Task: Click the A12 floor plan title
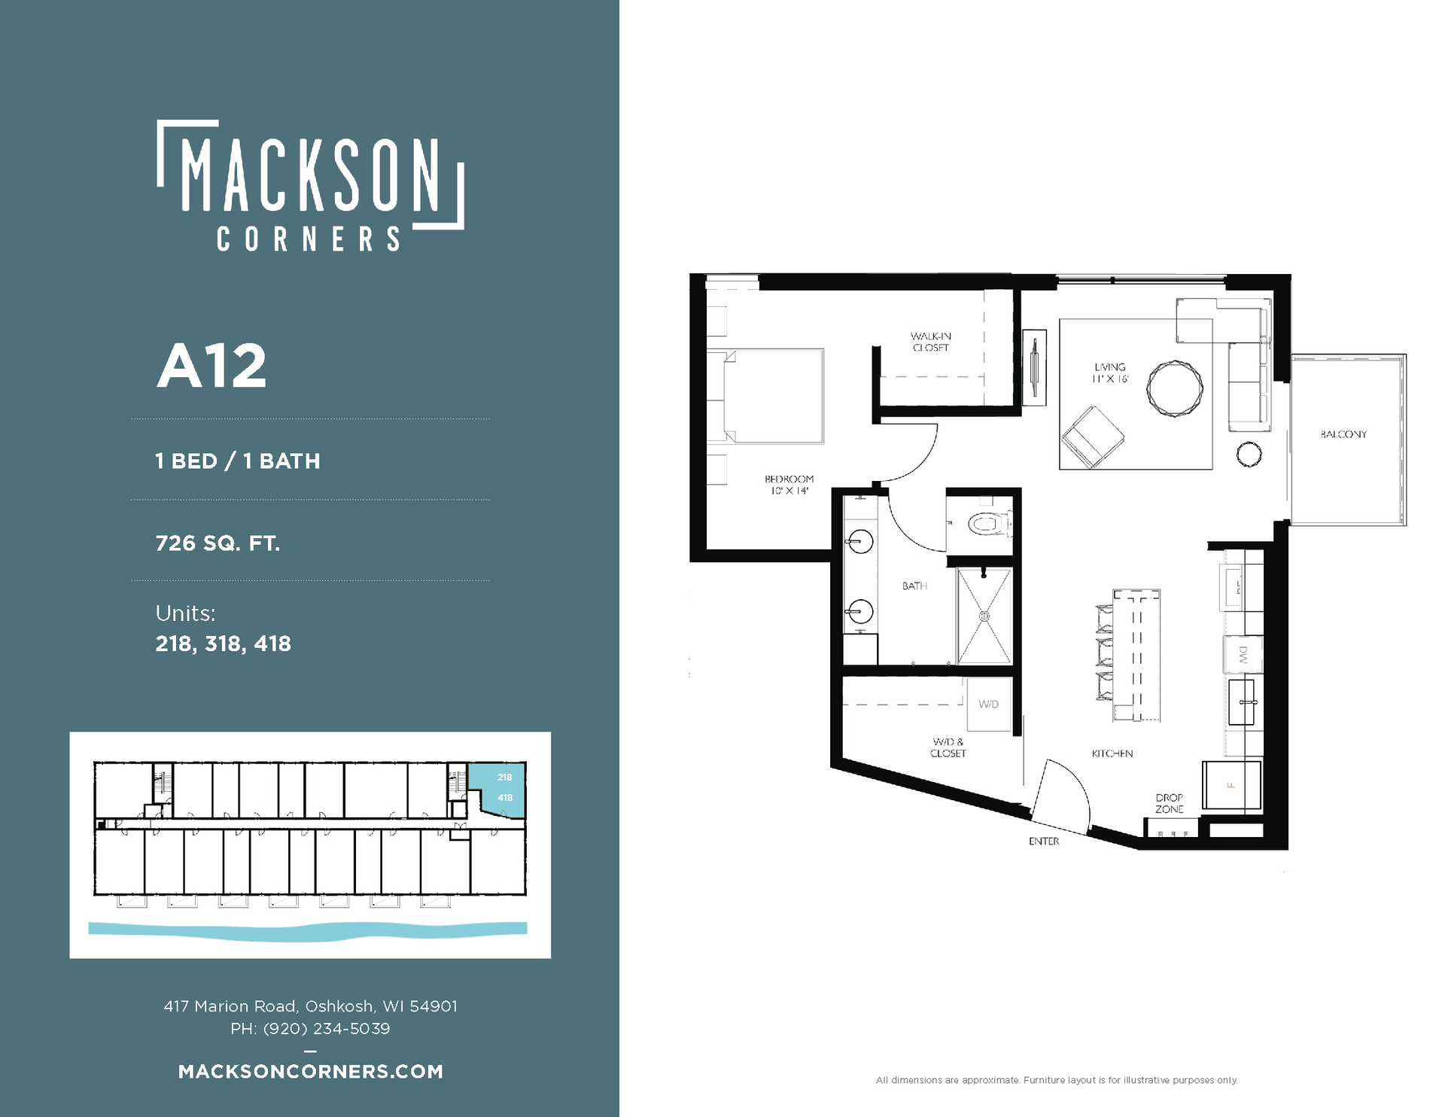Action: pyautogui.click(x=211, y=366)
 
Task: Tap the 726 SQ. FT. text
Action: pyautogui.click(x=218, y=543)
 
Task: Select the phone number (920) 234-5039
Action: pyautogui.click(x=327, y=1028)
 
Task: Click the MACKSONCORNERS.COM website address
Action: pyautogui.click(x=311, y=1071)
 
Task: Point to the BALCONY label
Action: pyautogui.click(x=1343, y=434)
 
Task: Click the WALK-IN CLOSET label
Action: pyautogui.click(x=931, y=342)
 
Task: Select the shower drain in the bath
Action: pyautogui.click(x=984, y=616)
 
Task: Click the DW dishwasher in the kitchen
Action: pyautogui.click(x=1243, y=655)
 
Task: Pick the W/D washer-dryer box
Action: pyautogui.click(x=988, y=705)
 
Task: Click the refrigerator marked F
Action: pyautogui.click(x=1231, y=785)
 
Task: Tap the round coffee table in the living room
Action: pyautogui.click(x=1175, y=388)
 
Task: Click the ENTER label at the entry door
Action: pyautogui.click(x=1044, y=841)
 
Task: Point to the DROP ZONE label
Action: pyautogui.click(x=1170, y=803)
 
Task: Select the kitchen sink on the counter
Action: pyautogui.click(x=1242, y=702)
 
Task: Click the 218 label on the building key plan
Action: pyautogui.click(x=504, y=778)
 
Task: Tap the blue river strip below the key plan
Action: pyautogui.click(x=308, y=930)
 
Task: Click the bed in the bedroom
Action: pyautogui.click(x=774, y=396)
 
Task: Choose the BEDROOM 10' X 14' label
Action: pyautogui.click(x=789, y=485)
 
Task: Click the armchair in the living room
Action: pyautogui.click(x=1093, y=436)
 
